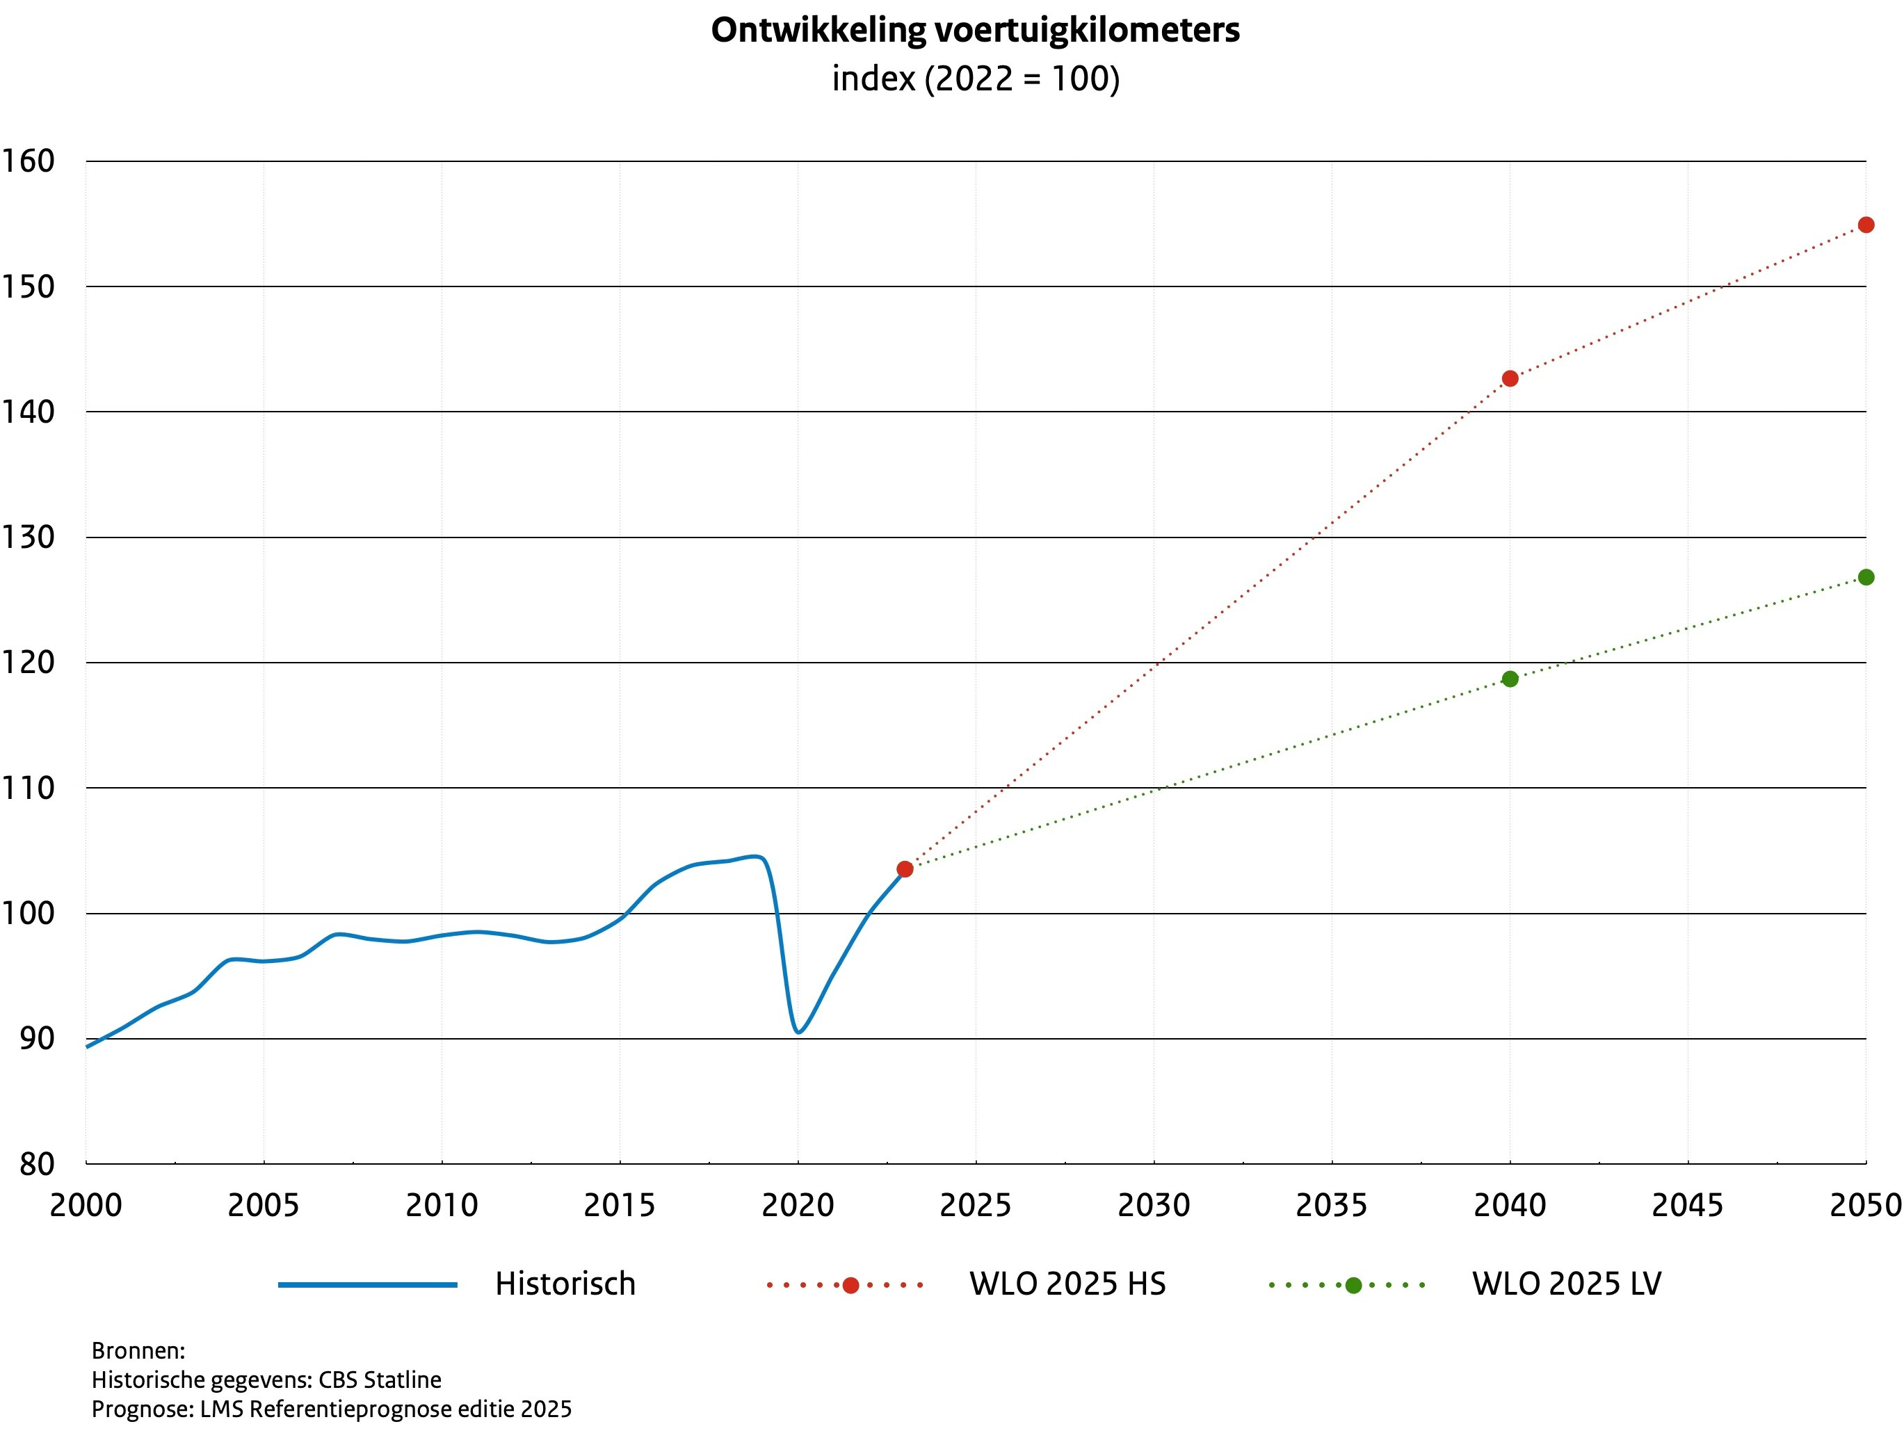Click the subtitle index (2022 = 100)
(x=975, y=79)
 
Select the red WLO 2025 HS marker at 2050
(x=1865, y=225)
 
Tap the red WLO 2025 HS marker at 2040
(x=1510, y=379)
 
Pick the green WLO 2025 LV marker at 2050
(x=1865, y=577)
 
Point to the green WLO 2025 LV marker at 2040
(x=1510, y=679)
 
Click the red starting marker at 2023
(x=905, y=869)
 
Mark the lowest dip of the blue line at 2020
(x=799, y=1032)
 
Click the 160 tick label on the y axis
(x=28, y=161)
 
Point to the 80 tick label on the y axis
(x=36, y=1164)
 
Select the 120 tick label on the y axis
(x=28, y=663)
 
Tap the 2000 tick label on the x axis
(x=86, y=1206)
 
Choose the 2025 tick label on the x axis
(x=975, y=1206)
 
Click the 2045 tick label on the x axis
(x=1687, y=1206)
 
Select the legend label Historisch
(x=565, y=1284)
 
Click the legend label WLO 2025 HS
(x=1067, y=1284)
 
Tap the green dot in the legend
(x=1353, y=1286)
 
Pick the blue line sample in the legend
(x=368, y=1286)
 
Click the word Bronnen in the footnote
(x=138, y=1350)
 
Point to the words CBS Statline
(x=380, y=1380)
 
